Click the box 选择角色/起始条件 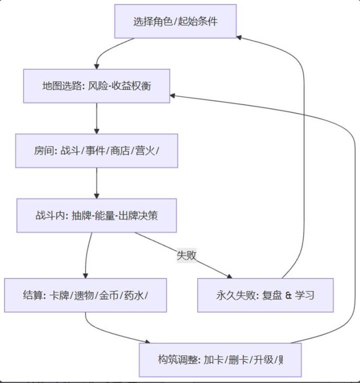[175, 21]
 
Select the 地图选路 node [96, 86]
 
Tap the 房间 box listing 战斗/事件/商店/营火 [96, 150]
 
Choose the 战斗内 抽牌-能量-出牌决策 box [96, 215]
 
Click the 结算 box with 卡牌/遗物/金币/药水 [85, 295]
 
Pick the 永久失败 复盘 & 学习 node [265, 295]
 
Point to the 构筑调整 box [220, 359]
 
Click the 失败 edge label [186, 255]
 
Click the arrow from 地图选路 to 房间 [96, 118]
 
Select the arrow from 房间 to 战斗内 [96, 184]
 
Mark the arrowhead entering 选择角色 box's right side [240, 37]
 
